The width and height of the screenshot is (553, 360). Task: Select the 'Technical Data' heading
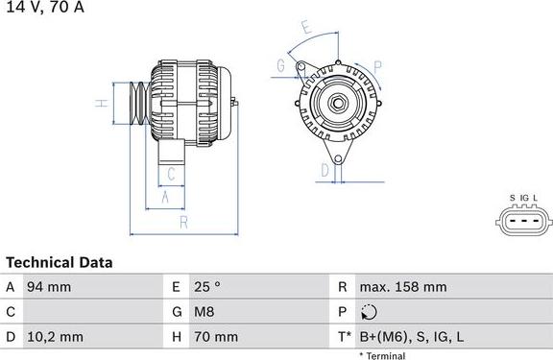(60, 262)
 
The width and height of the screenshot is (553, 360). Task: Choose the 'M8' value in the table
(204, 312)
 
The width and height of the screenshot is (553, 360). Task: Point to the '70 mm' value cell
(218, 337)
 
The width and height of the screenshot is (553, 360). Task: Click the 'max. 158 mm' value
(402, 287)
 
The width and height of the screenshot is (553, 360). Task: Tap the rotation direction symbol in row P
(371, 312)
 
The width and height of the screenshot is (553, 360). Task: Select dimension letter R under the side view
(181, 222)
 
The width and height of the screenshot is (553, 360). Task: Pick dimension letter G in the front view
(281, 65)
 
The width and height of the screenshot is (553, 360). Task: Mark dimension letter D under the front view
(325, 170)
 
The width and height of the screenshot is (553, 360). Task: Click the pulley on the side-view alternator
(132, 103)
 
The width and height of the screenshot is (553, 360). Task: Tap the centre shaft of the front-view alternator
(337, 102)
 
